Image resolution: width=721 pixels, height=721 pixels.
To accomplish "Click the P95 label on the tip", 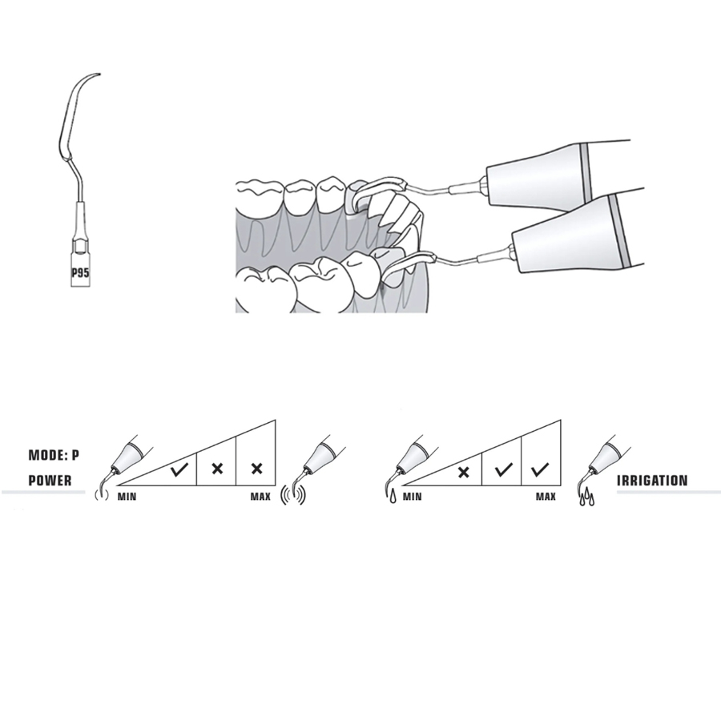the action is tap(80, 272).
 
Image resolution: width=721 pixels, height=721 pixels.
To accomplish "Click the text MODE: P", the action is tap(54, 455).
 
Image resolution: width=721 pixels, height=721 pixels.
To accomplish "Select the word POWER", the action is tap(50, 481).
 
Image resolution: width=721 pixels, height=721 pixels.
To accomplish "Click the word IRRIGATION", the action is tap(652, 481).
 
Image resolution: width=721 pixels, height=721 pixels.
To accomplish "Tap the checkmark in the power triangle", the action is tap(179, 469).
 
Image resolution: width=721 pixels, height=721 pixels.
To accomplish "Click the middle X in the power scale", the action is tap(217, 469).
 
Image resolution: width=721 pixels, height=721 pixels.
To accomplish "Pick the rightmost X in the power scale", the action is tap(256, 469).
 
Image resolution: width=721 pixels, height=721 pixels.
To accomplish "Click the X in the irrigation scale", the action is tap(464, 472).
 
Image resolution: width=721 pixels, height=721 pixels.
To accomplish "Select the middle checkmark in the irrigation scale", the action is tap(504, 469).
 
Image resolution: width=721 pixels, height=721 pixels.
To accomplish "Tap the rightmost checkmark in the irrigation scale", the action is tap(539, 469).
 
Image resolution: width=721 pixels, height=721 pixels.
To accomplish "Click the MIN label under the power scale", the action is tap(127, 497).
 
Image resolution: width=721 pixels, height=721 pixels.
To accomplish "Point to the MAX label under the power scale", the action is tap(260, 497).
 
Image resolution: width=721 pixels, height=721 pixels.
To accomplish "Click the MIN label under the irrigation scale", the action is tap(412, 497).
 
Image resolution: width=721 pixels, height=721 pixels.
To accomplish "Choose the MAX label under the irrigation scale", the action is tap(546, 497).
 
